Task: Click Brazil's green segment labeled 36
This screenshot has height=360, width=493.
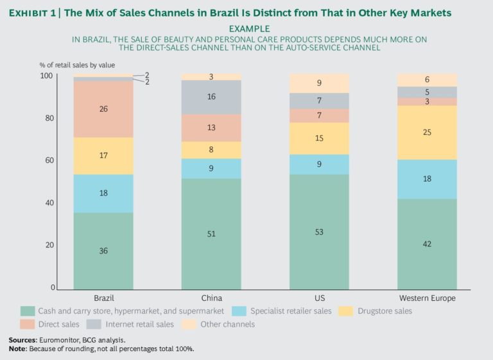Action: (x=103, y=251)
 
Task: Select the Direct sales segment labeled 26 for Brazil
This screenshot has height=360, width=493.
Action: (x=103, y=109)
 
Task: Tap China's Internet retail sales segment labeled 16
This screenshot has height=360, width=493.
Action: (x=211, y=97)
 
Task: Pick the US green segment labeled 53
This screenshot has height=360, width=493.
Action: (x=319, y=232)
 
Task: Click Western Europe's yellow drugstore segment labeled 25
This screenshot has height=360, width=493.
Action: (x=427, y=132)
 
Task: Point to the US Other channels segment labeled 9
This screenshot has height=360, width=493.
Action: (x=319, y=83)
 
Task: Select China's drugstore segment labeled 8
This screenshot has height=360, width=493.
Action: (x=211, y=150)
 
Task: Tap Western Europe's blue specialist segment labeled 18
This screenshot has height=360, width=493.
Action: (x=427, y=179)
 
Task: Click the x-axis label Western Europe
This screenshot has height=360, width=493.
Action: (x=427, y=298)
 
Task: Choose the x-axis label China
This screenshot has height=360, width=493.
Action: (x=211, y=298)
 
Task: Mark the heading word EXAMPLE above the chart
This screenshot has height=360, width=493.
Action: (x=248, y=30)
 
